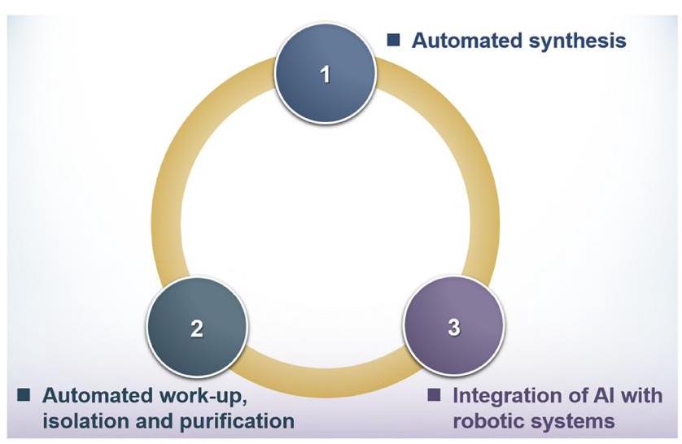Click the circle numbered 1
(x=326, y=73)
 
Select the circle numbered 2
(x=197, y=327)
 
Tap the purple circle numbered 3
(x=454, y=326)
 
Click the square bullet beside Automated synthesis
(x=393, y=40)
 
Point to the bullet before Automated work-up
(x=24, y=395)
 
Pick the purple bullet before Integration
(x=434, y=395)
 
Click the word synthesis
(x=577, y=41)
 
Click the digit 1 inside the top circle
(x=326, y=74)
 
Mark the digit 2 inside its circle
(x=197, y=328)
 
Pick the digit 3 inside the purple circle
(x=454, y=327)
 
